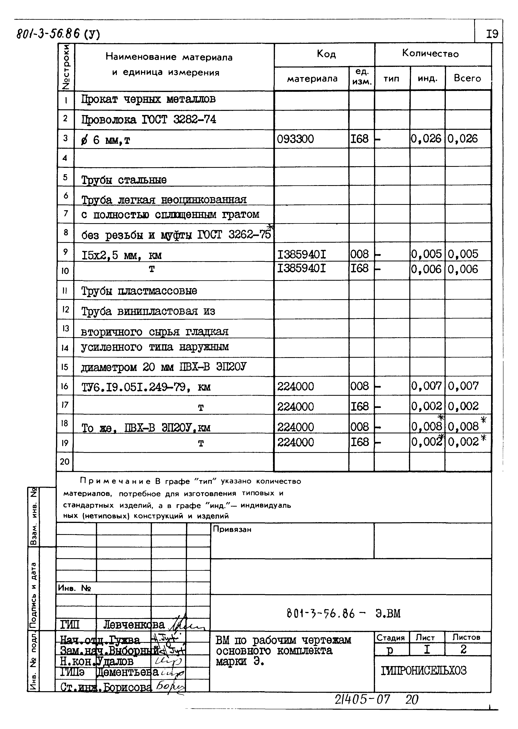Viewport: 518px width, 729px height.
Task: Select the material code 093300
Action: tap(295, 139)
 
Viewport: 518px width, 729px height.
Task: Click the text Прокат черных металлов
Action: tap(148, 99)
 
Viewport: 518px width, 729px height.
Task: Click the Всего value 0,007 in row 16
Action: tap(463, 386)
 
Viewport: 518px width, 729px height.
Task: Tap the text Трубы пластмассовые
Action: tap(139, 291)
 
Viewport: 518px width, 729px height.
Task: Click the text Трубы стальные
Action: tap(124, 180)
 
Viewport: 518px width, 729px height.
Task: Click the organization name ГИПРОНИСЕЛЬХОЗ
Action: tap(423, 671)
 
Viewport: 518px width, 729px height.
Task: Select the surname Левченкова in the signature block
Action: tap(134, 625)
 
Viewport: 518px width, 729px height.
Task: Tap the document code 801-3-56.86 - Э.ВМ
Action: tap(343, 613)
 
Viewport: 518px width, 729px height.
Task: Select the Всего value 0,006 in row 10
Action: tap(463, 269)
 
